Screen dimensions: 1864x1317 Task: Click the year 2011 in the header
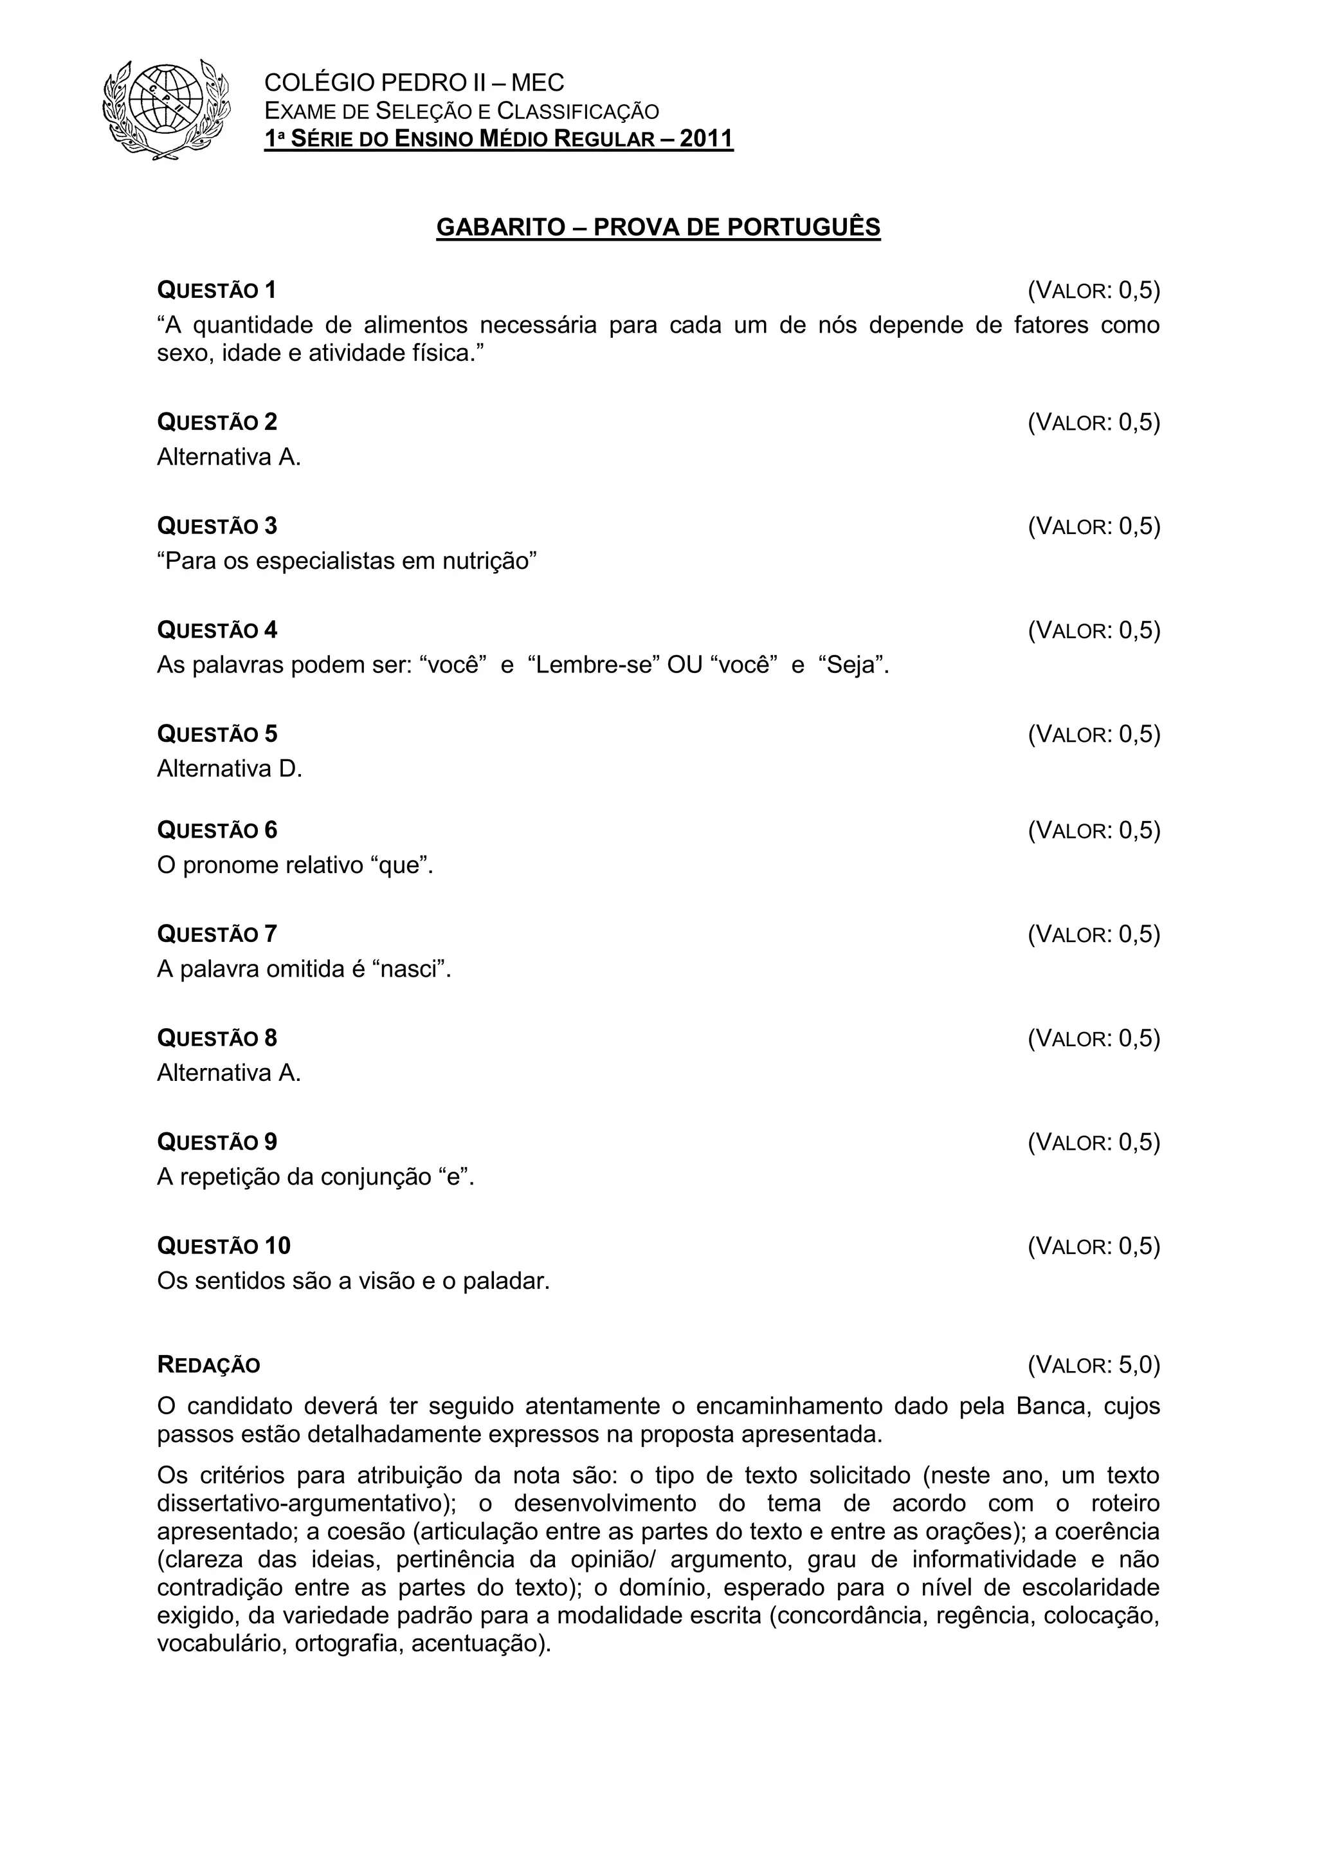(x=706, y=139)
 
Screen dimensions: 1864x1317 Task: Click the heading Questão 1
(x=217, y=290)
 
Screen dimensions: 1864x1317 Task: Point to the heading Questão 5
(x=217, y=734)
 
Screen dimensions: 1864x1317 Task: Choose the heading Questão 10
(x=223, y=1246)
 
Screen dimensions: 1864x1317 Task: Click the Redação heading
(x=208, y=1365)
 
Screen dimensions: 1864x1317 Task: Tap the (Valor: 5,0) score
(x=1094, y=1365)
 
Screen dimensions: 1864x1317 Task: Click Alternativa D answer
(x=230, y=769)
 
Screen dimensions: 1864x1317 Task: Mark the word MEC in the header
(x=538, y=83)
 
